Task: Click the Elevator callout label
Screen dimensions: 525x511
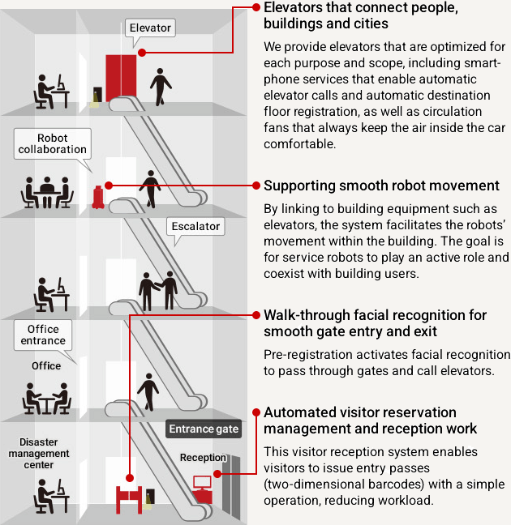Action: coord(150,28)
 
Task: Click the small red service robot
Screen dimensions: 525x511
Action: coord(98,197)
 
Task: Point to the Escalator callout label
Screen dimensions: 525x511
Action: coord(195,227)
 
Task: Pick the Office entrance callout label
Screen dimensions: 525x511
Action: coord(43,335)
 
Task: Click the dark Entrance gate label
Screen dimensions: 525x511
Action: coord(204,429)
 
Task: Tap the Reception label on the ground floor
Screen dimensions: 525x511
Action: coord(202,458)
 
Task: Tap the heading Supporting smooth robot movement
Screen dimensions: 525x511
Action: coord(381,186)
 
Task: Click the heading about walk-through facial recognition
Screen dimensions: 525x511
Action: coord(375,323)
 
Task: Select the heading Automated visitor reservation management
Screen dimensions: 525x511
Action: coord(371,420)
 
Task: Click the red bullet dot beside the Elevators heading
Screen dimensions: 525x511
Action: coord(256,7)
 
